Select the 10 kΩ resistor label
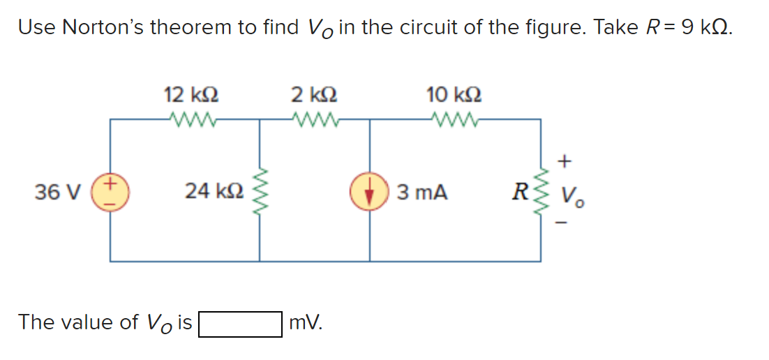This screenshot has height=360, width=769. tap(453, 94)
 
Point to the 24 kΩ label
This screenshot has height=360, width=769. tap(213, 190)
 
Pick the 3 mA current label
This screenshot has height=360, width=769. tap(421, 191)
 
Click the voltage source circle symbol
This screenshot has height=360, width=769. tap(112, 190)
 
